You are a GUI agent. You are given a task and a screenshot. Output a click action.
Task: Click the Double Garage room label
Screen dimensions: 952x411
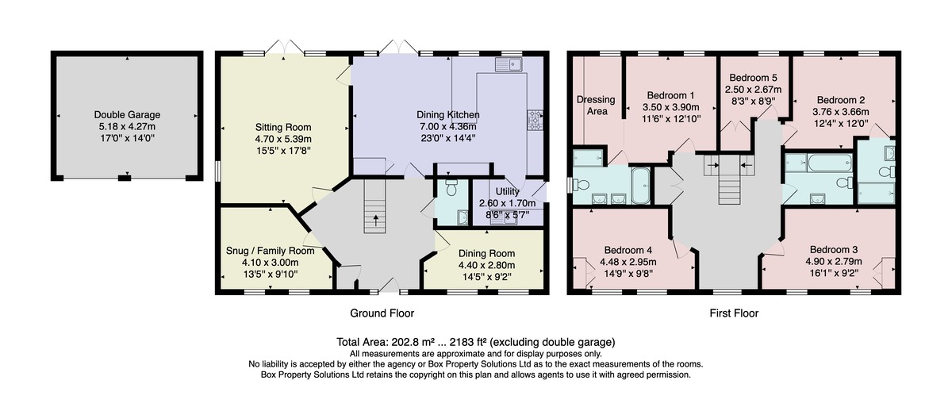click(127, 115)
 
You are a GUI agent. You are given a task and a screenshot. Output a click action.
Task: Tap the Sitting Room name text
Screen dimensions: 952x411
click(283, 127)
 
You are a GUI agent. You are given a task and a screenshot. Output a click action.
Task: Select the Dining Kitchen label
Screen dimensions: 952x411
click(448, 115)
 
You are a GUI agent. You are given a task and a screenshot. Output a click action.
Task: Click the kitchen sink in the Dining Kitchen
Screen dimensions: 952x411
click(509, 64)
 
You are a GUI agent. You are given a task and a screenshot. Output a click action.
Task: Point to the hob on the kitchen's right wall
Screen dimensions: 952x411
click(535, 120)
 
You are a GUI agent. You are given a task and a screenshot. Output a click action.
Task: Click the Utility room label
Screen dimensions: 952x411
click(508, 191)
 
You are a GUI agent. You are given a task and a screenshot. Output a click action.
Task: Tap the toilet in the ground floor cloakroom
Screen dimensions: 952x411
click(451, 187)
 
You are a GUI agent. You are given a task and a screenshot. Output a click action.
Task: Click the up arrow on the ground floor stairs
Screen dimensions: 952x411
click(376, 221)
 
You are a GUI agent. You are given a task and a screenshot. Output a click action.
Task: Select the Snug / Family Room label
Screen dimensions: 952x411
click(271, 251)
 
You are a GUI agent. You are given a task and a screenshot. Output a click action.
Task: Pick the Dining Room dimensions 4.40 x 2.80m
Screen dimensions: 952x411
click(486, 265)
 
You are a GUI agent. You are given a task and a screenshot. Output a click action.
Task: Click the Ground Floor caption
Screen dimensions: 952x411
click(382, 313)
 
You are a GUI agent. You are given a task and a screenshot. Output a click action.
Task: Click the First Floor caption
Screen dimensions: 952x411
click(734, 313)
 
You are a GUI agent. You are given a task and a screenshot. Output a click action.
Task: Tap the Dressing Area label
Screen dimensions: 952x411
click(596, 106)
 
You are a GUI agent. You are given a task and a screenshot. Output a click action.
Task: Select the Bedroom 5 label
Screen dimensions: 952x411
click(753, 78)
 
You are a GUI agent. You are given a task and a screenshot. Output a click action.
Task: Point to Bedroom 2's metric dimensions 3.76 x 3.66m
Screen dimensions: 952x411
click(841, 112)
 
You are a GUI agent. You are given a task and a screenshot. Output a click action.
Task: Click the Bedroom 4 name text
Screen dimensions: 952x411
click(628, 251)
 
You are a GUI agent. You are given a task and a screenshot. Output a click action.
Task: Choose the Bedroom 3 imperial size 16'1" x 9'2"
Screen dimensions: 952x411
click(834, 273)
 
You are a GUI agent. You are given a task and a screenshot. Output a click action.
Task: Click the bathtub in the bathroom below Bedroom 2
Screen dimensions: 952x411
click(830, 163)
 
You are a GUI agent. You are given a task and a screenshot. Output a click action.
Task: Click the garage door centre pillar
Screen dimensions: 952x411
click(124, 178)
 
